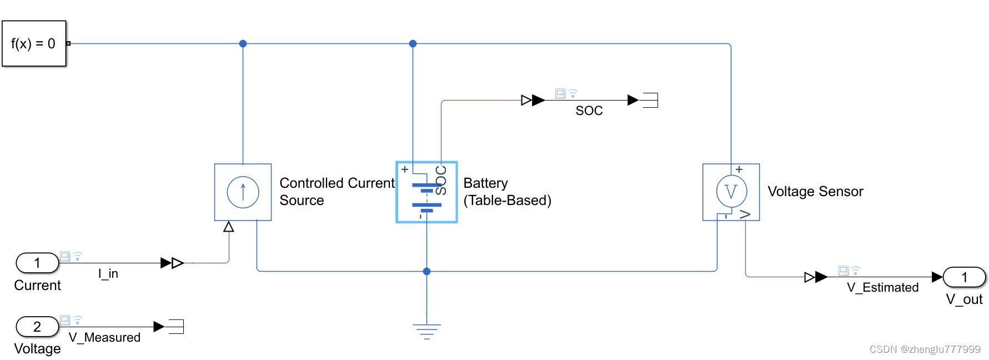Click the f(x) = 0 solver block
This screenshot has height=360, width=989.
(x=34, y=43)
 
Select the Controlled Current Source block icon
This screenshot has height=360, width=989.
(x=243, y=192)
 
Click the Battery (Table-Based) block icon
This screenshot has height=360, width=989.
(x=426, y=192)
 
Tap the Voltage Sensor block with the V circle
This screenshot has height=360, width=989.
(x=731, y=192)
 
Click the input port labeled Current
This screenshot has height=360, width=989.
(x=37, y=263)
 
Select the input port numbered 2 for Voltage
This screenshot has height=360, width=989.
(x=37, y=327)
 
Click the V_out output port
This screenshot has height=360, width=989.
(x=964, y=277)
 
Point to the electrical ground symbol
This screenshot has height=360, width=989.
(x=426, y=331)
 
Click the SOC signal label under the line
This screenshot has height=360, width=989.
(x=589, y=111)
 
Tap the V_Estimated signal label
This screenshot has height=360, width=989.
(x=882, y=287)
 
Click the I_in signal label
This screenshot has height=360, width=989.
(x=108, y=273)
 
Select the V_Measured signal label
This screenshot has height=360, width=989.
(x=104, y=337)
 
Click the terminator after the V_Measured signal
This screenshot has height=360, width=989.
(x=176, y=327)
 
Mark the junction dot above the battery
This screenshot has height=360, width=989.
(x=413, y=43)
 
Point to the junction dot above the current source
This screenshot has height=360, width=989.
(x=243, y=43)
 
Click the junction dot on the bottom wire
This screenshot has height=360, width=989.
(x=426, y=271)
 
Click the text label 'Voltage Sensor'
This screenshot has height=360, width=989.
(x=815, y=192)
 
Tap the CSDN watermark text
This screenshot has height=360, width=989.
(x=925, y=349)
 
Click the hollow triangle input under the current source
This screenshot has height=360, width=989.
(x=229, y=227)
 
